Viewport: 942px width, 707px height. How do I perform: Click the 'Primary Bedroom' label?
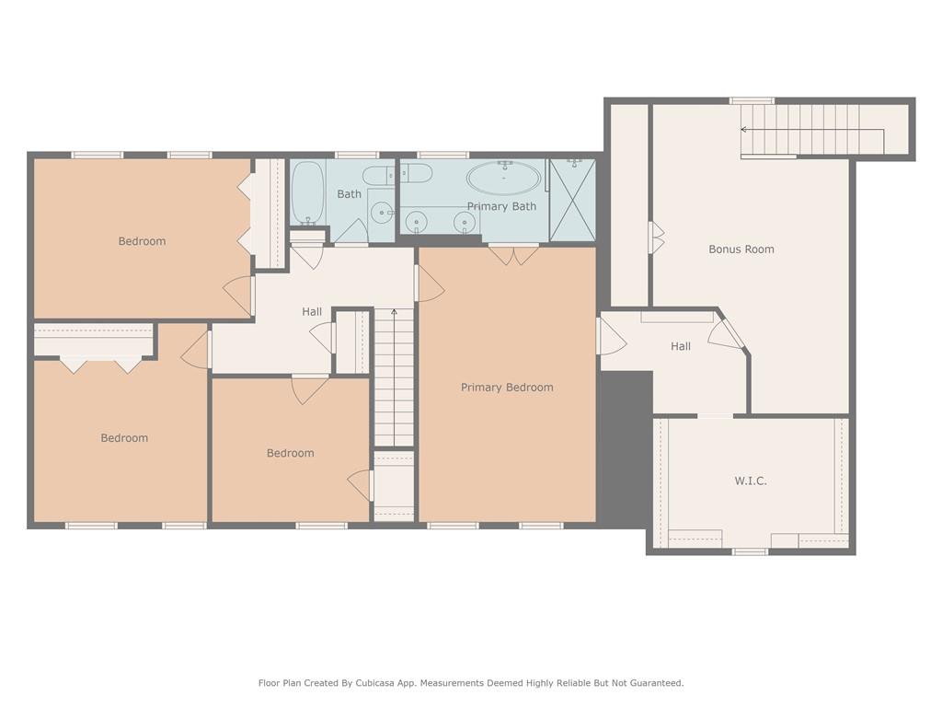[507, 388]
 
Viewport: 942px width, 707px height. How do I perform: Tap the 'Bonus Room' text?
[741, 249]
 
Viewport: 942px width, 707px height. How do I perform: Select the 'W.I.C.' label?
[750, 481]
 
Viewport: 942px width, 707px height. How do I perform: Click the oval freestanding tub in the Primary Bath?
[504, 177]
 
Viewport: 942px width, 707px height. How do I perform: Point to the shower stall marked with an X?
[572, 200]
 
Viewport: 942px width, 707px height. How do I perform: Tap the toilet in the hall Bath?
[377, 176]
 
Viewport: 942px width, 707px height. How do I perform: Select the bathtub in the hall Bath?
[307, 193]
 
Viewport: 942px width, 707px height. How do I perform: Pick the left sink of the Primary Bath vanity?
[417, 222]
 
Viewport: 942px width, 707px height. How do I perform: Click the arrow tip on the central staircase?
[395, 313]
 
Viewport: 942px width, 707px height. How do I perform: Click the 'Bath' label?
[349, 194]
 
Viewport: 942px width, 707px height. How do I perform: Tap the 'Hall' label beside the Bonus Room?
[681, 346]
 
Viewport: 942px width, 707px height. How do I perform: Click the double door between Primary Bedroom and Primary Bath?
[513, 254]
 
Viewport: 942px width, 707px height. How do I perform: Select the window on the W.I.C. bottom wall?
[750, 551]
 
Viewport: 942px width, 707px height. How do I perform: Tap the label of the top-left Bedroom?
[142, 241]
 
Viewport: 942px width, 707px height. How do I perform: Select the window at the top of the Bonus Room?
[752, 100]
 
